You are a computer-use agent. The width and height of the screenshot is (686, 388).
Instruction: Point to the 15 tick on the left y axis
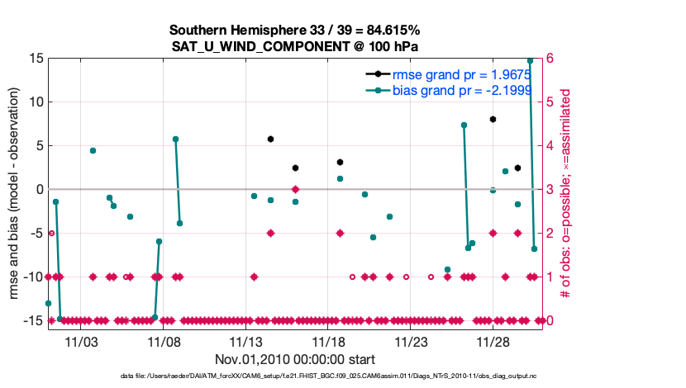coord(36,59)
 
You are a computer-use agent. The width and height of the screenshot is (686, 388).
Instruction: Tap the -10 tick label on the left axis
coord(33,277)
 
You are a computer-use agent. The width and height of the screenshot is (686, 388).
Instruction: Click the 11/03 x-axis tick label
coord(81,341)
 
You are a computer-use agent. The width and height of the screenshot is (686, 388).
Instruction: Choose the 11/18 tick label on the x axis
coord(328,341)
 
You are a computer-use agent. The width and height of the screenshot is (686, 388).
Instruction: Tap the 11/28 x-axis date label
coord(493,341)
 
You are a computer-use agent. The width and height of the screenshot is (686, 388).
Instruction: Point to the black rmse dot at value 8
coord(493,119)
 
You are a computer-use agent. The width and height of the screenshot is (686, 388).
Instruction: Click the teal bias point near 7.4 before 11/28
coord(464,125)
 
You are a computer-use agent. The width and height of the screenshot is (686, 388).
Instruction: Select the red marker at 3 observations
coord(295,189)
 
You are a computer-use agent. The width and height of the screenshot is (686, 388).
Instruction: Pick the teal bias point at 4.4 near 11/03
coord(93,150)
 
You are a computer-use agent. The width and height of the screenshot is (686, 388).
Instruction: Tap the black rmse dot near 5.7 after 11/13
coord(270,139)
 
